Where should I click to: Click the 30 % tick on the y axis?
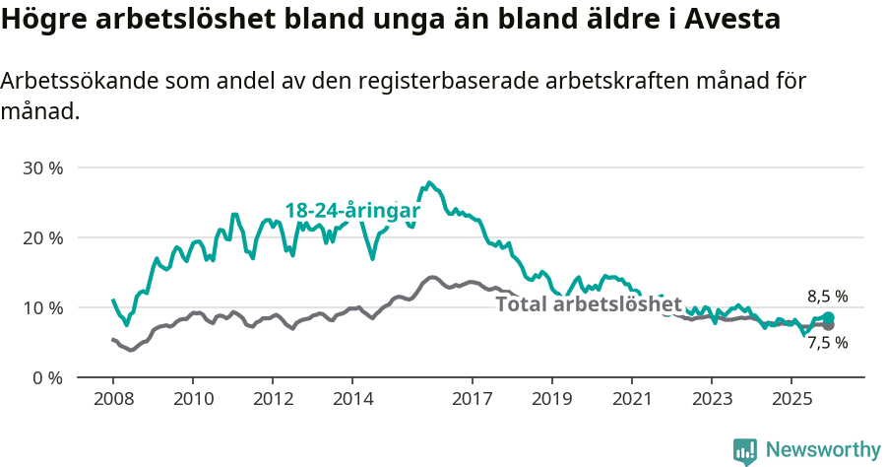[42, 167]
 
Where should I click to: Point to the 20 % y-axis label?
[42, 237]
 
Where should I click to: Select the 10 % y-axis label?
[42, 307]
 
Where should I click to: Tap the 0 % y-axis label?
[46, 377]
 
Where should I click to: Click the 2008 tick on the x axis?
[112, 399]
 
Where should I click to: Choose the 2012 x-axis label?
[273, 399]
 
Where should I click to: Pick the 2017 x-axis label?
[472, 399]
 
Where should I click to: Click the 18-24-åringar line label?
[352, 211]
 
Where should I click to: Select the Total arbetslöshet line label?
[589, 303]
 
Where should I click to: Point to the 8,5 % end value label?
[827, 297]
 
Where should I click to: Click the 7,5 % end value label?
[827, 343]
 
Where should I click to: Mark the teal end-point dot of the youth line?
[829, 318]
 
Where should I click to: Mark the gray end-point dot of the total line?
[829, 325]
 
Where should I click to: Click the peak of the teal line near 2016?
[428, 182]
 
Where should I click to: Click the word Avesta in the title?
[729, 19]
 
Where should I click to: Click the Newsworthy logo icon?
[745, 450]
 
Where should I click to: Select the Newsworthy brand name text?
[823, 450]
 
